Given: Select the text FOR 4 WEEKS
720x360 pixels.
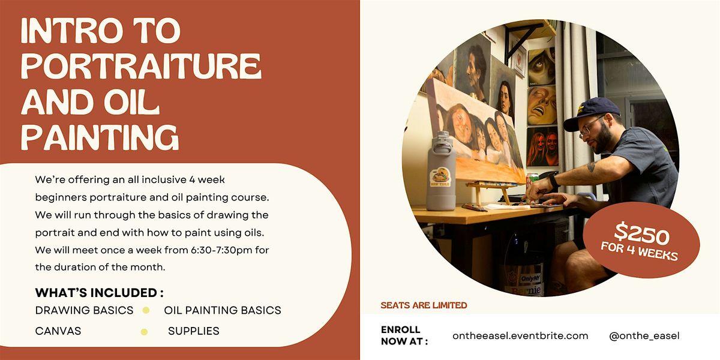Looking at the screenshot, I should tap(640, 250).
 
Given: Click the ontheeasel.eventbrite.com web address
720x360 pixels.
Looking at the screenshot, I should tap(520, 335).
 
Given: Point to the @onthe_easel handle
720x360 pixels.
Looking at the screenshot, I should tap(644, 335).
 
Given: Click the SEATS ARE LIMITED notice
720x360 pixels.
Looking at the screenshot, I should tap(424, 305).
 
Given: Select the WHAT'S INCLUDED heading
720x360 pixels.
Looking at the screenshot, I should tap(100, 293).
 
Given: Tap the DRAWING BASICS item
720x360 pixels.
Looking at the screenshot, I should tap(85, 310).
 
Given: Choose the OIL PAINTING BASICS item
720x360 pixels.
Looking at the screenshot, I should tap(223, 310).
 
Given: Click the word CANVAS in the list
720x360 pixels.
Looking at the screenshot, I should tap(58, 331).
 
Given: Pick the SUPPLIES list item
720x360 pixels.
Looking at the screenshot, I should tap(194, 331).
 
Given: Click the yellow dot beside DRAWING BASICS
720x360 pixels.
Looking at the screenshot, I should tap(145, 310).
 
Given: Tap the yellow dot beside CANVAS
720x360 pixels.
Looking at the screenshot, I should tap(144, 331).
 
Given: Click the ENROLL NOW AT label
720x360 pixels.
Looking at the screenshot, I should tap(404, 336).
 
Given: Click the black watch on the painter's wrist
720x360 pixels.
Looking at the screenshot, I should tap(554, 181).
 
